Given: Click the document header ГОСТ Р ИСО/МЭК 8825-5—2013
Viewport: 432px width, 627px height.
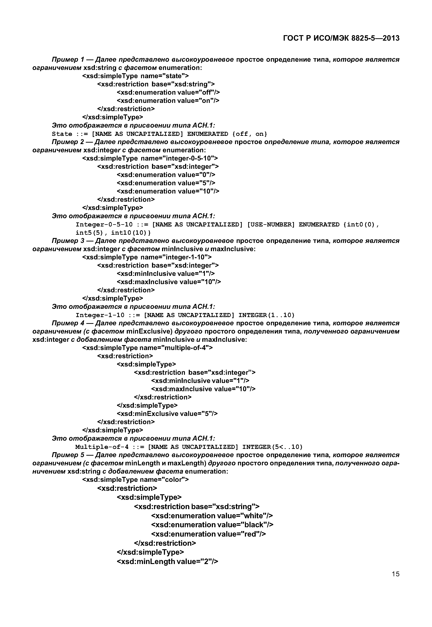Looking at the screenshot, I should point(341,38).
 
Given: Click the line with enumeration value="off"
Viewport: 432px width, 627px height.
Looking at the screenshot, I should point(168,92).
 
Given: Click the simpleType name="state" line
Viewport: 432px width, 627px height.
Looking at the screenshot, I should point(135,76).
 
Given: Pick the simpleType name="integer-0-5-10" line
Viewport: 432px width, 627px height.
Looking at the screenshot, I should point(150,158).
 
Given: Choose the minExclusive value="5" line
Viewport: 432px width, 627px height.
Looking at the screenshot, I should point(167,414).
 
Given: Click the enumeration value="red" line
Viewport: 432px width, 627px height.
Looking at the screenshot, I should point(209,534).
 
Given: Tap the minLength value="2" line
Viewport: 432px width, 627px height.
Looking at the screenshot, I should point(167,561).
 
